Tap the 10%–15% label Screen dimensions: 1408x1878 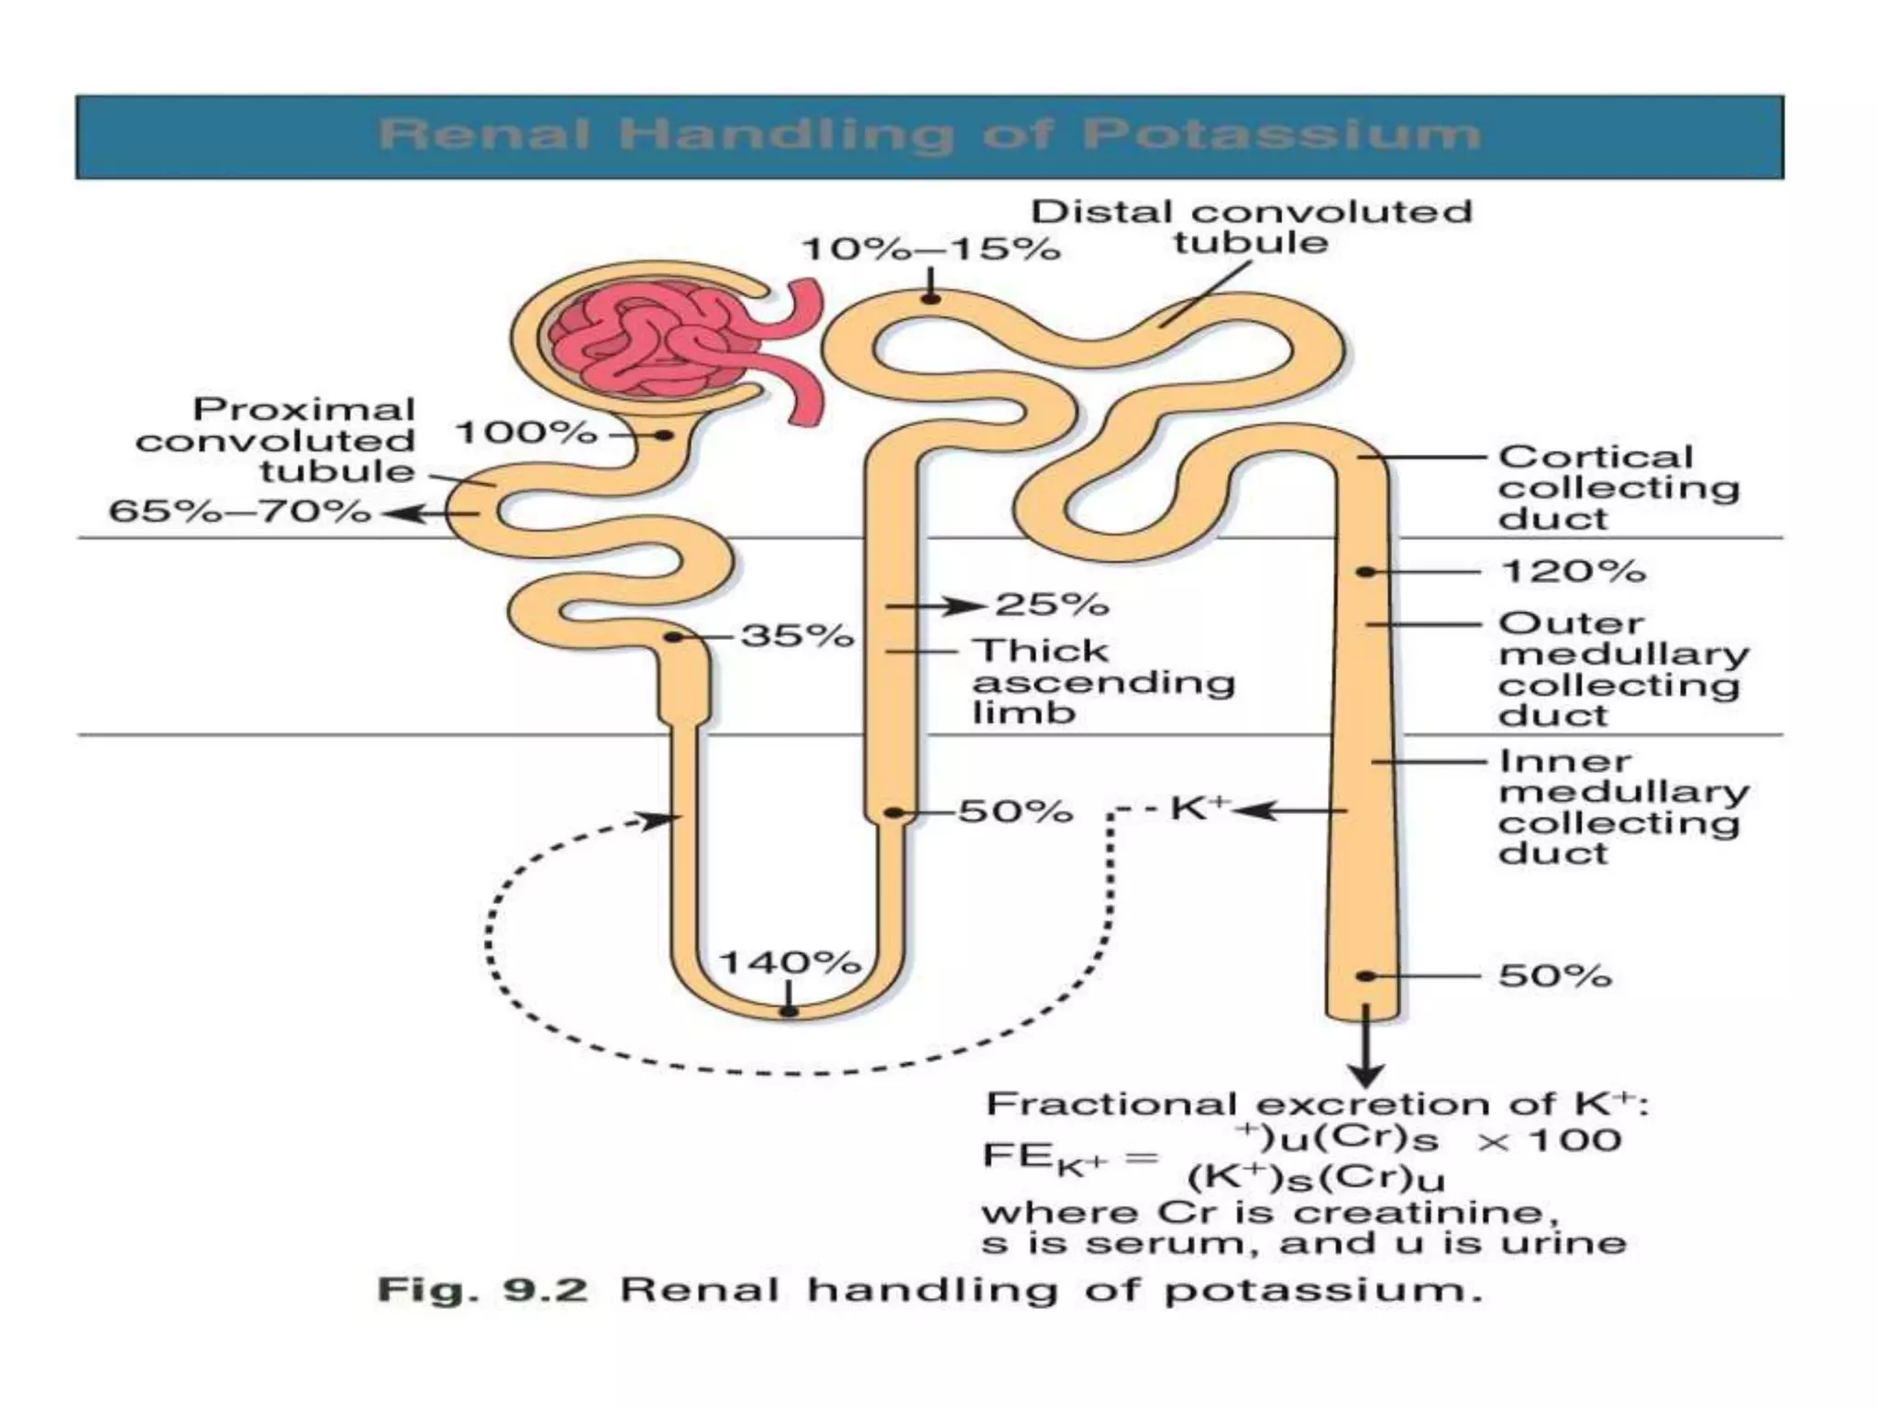tap(931, 248)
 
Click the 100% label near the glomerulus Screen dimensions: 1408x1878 tap(525, 432)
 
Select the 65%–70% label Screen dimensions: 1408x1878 tap(239, 511)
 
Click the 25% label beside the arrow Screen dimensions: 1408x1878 tap(1052, 604)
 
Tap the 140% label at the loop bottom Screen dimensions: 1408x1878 tap(789, 962)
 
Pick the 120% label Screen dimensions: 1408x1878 tap(1573, 571)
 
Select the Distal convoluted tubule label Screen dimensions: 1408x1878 tap(1251, 226)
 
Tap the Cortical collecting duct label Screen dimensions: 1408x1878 tap(1618, 487)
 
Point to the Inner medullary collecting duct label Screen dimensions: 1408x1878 tap(1622, 807)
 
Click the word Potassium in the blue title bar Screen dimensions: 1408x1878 tap(1281, 136)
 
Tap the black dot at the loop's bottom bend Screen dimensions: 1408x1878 tap(788, 1011)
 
